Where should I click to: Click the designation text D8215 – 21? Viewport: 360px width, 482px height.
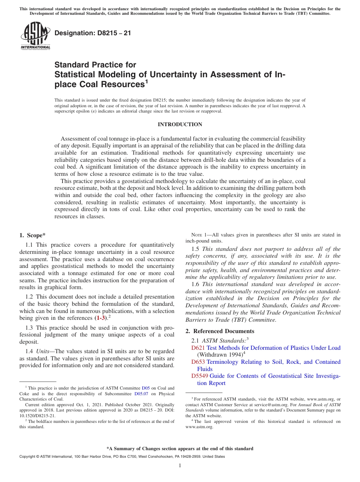tap(93, 33)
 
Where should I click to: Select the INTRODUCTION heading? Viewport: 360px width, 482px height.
tap(180, 124)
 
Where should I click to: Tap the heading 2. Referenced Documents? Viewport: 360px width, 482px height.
tap(220, 331)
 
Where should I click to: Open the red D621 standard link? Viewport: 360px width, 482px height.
tap(198, 348)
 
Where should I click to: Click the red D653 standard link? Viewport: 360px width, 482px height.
tap(198, 362)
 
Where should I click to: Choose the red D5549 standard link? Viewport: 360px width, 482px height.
tap(199, 376)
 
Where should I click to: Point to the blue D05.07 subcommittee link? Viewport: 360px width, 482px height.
tap(142, 393)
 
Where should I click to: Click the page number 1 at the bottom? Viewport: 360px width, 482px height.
tap(180, 465)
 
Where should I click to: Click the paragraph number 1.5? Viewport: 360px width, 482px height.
tap(196, 249)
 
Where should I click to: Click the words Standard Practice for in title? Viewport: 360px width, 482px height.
tap(95, 65)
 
